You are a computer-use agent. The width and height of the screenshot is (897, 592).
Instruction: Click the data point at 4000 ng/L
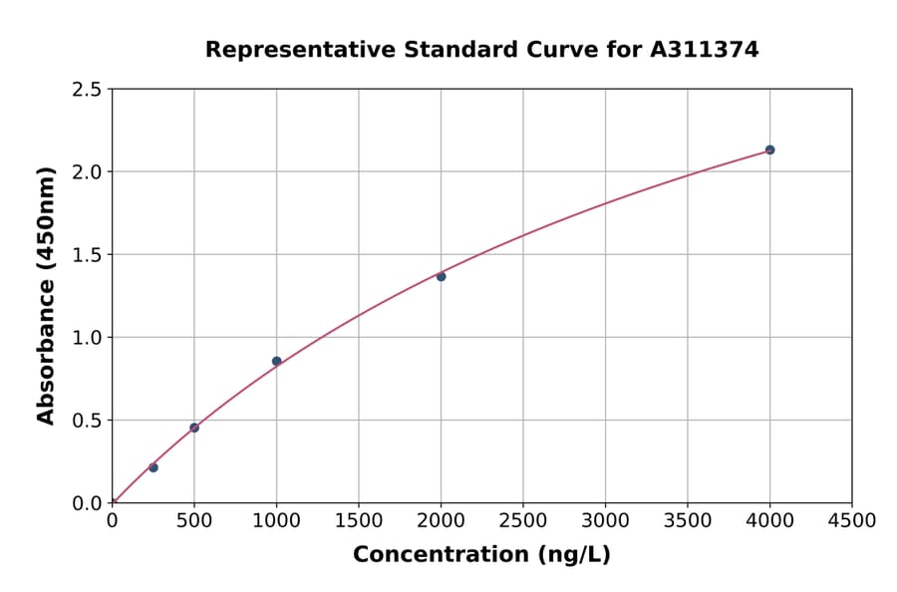point(769,149)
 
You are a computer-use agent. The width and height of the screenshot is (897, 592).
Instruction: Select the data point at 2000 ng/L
point(441,276)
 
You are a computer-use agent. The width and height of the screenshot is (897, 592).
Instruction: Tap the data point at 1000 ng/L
point(276,361)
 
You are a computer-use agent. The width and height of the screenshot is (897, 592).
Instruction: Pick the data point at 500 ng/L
point(194,428)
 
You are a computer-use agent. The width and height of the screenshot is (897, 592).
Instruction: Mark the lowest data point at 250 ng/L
point(153,467)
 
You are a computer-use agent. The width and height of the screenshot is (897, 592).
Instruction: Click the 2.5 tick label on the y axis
point(88,90)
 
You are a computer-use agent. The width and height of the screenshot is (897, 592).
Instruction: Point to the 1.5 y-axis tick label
point(88,255)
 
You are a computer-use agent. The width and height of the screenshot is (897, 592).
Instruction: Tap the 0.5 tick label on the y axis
point(88,421)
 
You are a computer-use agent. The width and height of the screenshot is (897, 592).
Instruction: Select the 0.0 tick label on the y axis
point(88,503)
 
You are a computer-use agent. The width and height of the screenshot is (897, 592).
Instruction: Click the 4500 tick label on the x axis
point(851,521)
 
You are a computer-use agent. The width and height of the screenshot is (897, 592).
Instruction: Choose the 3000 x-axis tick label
point(605,521)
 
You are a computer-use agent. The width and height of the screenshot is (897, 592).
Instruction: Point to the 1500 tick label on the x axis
point(359,521)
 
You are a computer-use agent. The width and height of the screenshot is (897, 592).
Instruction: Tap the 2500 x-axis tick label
point(523,521)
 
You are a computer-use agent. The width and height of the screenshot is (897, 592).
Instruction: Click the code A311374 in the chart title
point(704,50)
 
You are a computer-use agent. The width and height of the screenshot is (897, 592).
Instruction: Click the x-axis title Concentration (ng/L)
point(481,555)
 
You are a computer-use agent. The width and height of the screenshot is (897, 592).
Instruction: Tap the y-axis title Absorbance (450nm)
point(46,296)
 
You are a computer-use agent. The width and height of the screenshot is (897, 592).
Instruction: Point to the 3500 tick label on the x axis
point(688,521)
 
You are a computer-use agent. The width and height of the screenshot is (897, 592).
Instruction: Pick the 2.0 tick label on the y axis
point(88,172)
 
